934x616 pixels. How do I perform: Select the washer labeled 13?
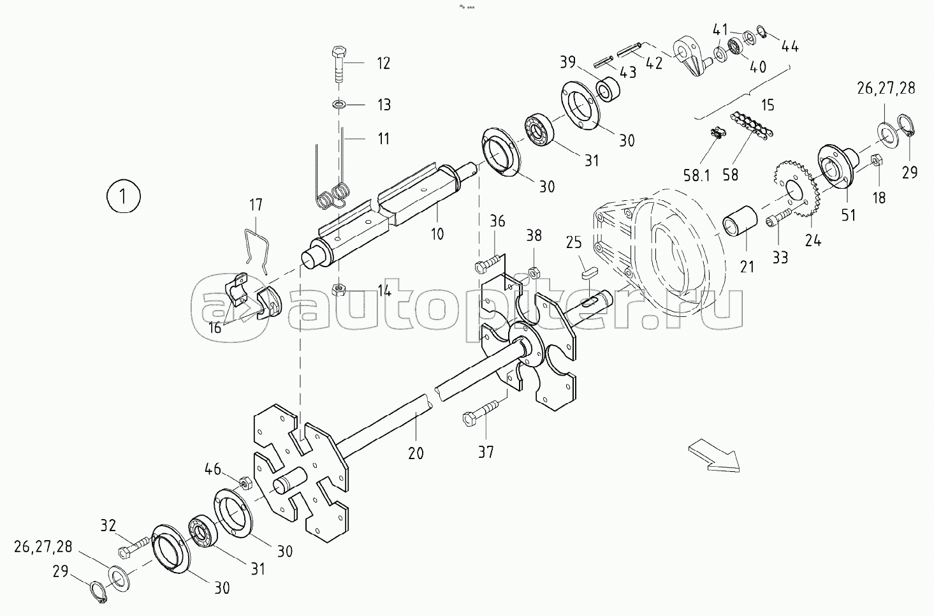(x=339, y=104)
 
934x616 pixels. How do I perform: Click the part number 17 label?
(x=255, y=205)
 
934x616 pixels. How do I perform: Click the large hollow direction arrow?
(x=715, y=458)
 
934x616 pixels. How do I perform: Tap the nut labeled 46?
(x=244, y=483)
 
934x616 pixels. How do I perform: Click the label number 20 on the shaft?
(x=416, y=453)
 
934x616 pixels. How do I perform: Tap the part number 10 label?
(x=437, y=233)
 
